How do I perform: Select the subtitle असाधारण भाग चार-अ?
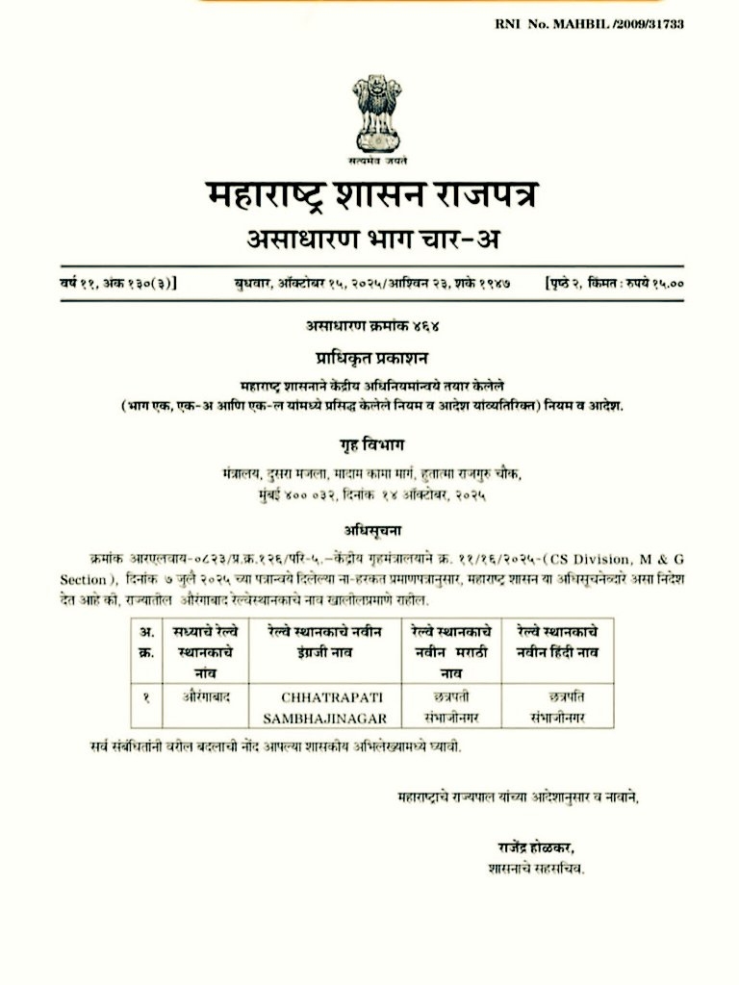pos(369,240)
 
